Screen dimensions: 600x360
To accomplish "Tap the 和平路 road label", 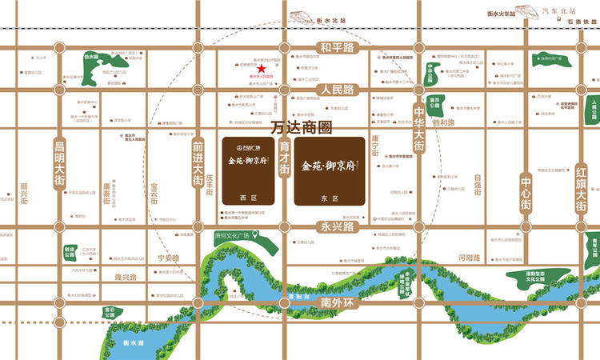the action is [336, 46].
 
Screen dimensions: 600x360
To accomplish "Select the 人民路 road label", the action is [336, 90].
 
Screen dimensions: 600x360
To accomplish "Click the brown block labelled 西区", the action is [246, 169].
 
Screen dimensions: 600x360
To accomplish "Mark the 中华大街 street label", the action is [418, 120].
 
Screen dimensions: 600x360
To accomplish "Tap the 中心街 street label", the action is [526, 192].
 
